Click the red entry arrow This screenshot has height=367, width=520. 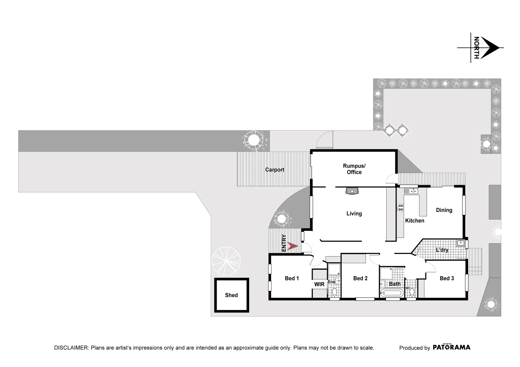292,246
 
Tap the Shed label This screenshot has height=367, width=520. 231,295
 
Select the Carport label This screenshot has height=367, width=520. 275,170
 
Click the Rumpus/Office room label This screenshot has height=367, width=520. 354,169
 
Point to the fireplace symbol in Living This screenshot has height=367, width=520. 352,191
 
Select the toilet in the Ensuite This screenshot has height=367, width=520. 334,292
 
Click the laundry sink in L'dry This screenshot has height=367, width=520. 460,243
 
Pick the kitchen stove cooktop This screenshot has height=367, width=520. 400,208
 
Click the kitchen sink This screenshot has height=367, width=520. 411,191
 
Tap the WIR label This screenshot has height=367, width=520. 319,284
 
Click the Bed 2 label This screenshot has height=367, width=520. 360,279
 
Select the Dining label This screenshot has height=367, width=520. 444,210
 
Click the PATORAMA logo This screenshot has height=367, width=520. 451,347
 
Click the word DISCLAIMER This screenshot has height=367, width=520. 71,348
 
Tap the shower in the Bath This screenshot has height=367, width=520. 386,273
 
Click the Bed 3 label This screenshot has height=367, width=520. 446,279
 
